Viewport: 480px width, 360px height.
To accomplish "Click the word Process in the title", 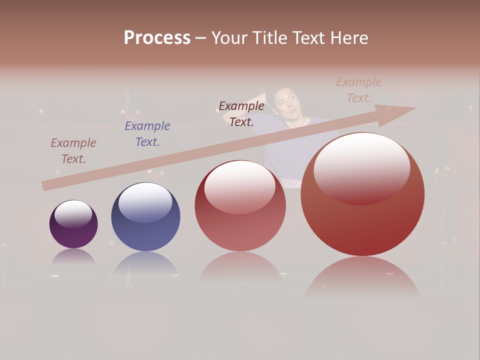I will [x=157, y=38].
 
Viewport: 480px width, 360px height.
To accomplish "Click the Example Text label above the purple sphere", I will [x=73, y=151].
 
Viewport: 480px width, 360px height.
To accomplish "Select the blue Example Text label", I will [x=147, y=134].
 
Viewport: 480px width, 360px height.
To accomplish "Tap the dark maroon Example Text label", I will [x=241, y=113].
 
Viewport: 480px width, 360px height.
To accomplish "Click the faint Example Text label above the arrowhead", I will [x=359, y=89].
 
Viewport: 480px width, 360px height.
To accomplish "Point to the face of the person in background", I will [x=285, y=103].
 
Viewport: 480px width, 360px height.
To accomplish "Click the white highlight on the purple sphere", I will [x=73, y=213].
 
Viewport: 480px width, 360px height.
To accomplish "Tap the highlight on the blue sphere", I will [x=145, y=201].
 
